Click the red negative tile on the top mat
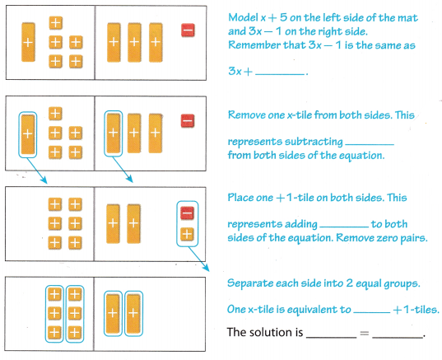pos(187,31)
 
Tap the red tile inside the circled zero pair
pos(187,213)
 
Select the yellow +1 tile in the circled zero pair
pos(187,234)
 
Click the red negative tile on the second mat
pos(187,121)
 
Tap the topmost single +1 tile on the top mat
pos(55,23)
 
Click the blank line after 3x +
pos(281,73)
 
